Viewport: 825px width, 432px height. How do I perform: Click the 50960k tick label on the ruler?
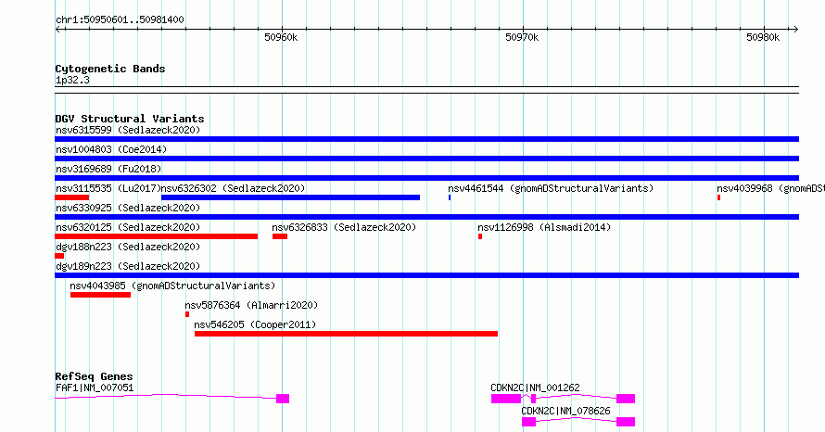point(281,37)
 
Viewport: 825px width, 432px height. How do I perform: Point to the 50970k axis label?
point(522,37)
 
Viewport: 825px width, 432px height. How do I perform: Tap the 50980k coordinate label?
point(763,37)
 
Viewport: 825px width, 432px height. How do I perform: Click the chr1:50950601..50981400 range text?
point(120,20)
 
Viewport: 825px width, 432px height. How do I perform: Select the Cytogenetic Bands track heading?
point(110,69)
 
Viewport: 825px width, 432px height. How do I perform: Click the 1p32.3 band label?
point(72,80)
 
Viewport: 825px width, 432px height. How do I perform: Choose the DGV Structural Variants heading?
point(130,119)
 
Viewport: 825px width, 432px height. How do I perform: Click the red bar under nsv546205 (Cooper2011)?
point(346,334)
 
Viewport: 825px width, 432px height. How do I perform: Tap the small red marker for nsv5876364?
point(187,314)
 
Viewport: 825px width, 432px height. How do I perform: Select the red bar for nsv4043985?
point(100,295)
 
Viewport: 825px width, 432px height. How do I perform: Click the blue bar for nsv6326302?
point(290,197)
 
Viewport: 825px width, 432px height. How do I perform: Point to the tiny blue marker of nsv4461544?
point(450,197)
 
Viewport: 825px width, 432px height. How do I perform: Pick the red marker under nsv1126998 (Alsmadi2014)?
point(480,236)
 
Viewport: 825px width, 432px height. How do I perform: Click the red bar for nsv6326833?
point(280,236)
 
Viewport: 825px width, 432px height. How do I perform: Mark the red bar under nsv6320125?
point(157,236)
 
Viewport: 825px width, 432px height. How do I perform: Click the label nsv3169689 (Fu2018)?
point(108,169)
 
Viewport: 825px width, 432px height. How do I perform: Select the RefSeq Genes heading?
point(95,376)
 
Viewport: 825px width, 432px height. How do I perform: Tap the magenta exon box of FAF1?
point(283,399)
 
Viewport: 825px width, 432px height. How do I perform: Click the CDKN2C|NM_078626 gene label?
point(565,411)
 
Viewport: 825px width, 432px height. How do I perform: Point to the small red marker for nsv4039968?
point(718,197)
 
